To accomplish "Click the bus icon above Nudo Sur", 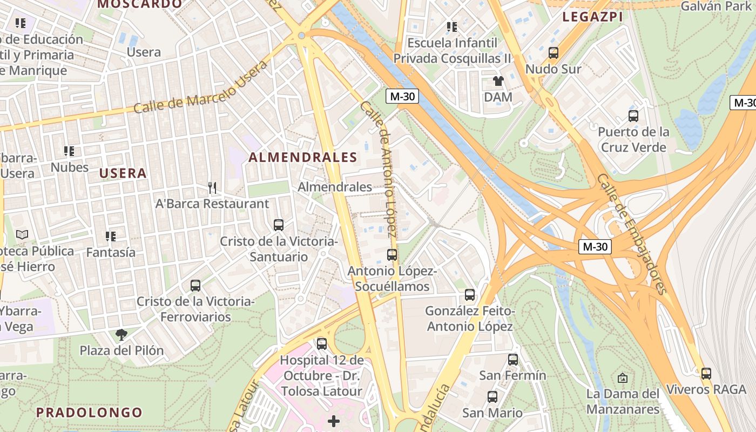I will [x=553, y=53].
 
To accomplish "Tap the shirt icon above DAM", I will [x=498, y=81].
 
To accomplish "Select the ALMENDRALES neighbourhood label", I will [x=303, y=157].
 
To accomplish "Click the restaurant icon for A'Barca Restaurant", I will [x=212, y=188].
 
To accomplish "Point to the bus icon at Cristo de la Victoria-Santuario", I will [x=279, y=225].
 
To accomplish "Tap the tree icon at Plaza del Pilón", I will [x=122, y=335].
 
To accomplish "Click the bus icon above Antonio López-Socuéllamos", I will [x=392, y=255].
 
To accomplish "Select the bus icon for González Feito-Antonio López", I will [x=470, y=295].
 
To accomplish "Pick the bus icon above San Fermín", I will [x=513, y=359].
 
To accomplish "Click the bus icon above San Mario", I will [x=492, y=397].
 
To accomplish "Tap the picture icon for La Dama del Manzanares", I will [x=623, y=378].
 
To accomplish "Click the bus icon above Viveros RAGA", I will [x=706, y=373].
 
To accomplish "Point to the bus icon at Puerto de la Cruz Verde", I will [x=633, y=116].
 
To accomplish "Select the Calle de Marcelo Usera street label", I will [x=200, y=87].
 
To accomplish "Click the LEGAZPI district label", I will [x=593, y=17].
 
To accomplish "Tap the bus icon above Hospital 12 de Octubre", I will [x=322, y=343].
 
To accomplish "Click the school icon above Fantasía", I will [x=111, y=236].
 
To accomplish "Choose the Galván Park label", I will [x=716, y=6].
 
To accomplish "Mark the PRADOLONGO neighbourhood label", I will [x=89, y=413].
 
